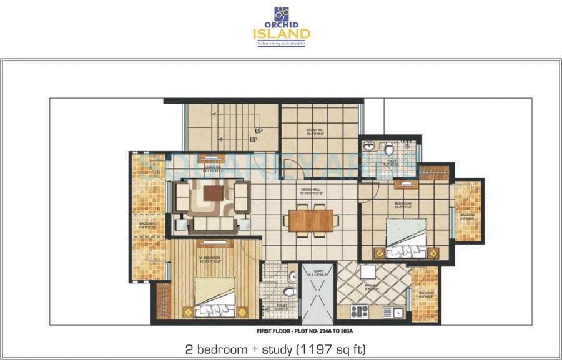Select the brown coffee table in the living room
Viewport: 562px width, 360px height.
coord(212,193)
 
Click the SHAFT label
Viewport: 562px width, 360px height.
coord(318,272)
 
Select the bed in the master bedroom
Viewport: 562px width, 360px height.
coord(215,296)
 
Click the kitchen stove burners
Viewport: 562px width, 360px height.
coord(358,311)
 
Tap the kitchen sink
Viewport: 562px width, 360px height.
coord(394,311)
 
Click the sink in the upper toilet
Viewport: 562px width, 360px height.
coord(369,147)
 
